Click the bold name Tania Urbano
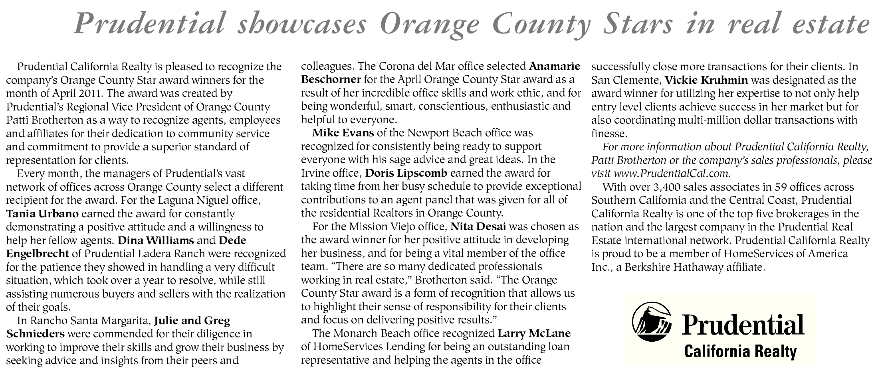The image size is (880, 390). coord(42,214)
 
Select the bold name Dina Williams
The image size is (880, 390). coord(155,240)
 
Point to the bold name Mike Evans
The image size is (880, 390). coord(343,133)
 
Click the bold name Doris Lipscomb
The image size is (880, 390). coord(406,173)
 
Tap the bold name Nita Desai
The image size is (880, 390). coord(478,227)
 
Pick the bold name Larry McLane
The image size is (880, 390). coord(534,333)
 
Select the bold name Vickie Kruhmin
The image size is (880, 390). coord(706,80)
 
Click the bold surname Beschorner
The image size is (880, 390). coord(331,79)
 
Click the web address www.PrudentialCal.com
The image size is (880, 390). coord(672,174)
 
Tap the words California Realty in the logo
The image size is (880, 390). coord(740,351)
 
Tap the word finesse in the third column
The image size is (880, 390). coord(608,134)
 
